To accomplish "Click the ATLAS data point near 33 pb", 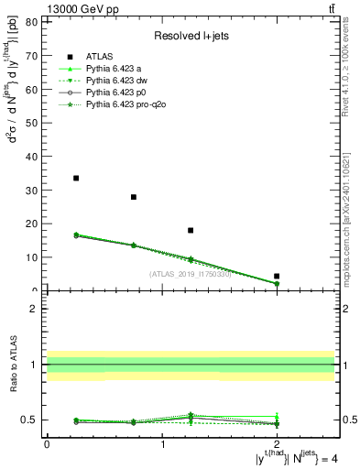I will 76,179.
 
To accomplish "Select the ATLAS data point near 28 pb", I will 134,197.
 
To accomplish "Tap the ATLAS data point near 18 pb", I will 191,231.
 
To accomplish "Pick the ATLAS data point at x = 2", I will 277,276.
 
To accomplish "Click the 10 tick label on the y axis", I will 33,257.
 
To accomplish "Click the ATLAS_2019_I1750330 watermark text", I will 191,273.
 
